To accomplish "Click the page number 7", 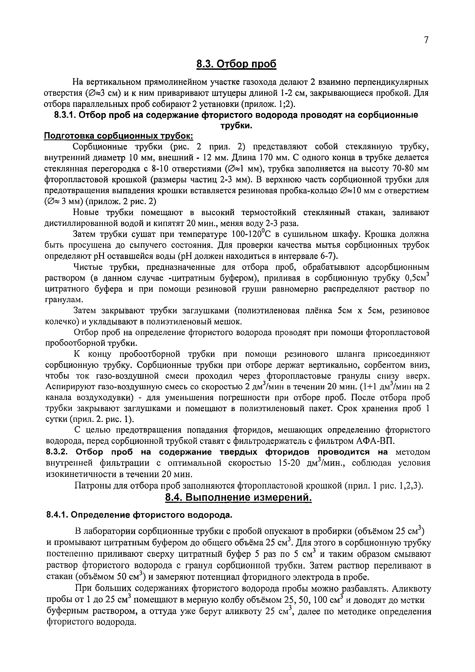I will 426,40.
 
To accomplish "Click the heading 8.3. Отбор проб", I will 236,64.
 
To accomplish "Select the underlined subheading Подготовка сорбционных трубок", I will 118,136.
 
